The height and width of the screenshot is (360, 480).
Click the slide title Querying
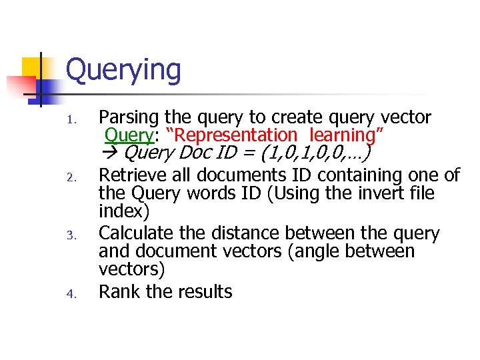[x=123, y=71]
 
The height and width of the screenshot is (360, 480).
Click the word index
[x=121, y=211]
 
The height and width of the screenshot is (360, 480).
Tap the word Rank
[x=117, y=291]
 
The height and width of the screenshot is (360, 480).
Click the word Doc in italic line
[x=201, y=154]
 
